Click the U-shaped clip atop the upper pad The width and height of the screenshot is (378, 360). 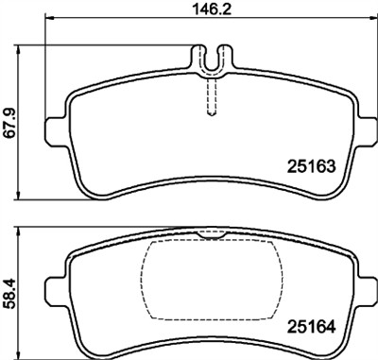[212, 60]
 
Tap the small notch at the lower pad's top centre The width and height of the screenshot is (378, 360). [211, 233]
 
